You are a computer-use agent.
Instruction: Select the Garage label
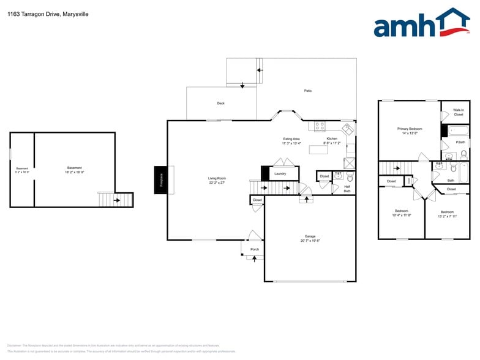coord(310,236)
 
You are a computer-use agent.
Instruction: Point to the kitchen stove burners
coord(320,126)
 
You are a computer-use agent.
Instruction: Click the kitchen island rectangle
coord(318,149)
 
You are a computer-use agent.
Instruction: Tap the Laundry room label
coord(280,174)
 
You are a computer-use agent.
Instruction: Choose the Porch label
coord(255,249)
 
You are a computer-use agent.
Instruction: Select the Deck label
coord(221,103)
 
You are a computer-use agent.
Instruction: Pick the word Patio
coord(308,91)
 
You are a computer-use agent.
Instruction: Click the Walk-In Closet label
coord(459,112)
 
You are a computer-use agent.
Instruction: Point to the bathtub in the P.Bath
coord(459,130)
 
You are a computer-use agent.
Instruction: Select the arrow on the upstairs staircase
coord(399,168)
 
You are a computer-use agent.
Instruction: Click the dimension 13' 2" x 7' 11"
coord(448,216)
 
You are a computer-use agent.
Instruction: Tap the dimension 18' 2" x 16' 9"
coord(75,173)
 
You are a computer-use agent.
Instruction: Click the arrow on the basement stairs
coord(116,200)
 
